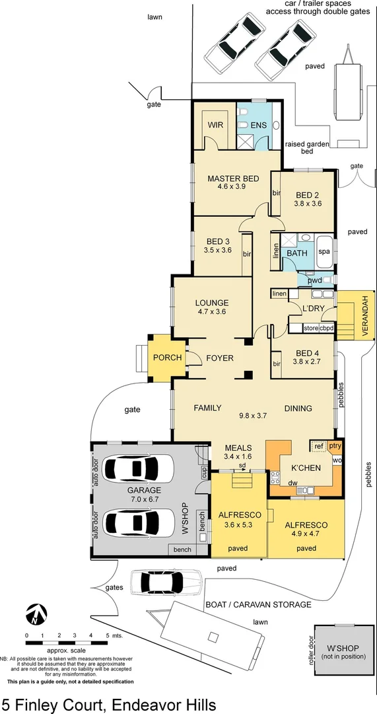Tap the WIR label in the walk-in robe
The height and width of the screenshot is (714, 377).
click(215, 124)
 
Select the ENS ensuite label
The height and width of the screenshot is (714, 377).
click(257, 125)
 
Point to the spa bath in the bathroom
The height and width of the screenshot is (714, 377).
click(324, 252)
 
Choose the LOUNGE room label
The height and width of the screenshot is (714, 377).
click(211, 303)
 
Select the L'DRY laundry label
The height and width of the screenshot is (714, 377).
click(311, 309)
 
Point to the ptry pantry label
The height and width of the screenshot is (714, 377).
click(335, 446)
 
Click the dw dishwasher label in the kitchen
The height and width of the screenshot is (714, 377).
click(292, 483)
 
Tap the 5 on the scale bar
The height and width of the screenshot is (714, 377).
click(108, 635)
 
